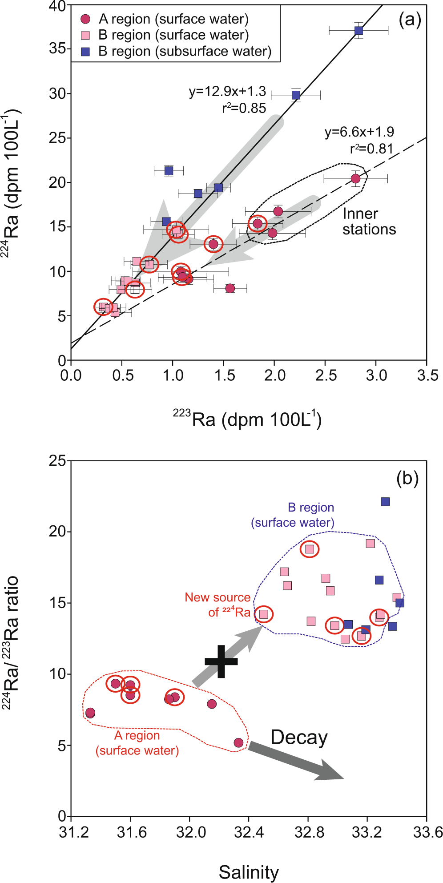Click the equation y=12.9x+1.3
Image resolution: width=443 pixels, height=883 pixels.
point(227,92)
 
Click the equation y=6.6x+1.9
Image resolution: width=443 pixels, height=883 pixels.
point(359,132)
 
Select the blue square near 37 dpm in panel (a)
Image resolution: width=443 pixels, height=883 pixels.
point(358,31)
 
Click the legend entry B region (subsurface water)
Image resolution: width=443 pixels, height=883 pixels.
point(185,51)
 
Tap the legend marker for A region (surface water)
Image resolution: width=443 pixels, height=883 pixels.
point(85,19)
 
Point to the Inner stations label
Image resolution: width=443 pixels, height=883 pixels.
point(369,222)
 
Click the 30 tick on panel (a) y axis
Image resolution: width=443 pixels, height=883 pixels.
point(58,93)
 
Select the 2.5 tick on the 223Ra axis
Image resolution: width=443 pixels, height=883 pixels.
point(326,375)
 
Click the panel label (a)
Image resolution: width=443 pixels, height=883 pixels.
point(409,20)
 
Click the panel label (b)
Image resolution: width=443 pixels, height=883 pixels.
point(407,479)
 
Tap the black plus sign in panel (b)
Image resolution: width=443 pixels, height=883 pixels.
point(221,661)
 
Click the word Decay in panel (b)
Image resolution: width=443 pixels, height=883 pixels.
point(299,737)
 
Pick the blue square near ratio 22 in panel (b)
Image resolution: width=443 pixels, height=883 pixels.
point(385,502)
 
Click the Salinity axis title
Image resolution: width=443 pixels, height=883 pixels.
point(249,872)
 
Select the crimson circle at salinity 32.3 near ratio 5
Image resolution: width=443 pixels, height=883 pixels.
point(238,743)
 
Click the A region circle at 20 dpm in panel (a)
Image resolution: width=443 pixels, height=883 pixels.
point(355,178)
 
